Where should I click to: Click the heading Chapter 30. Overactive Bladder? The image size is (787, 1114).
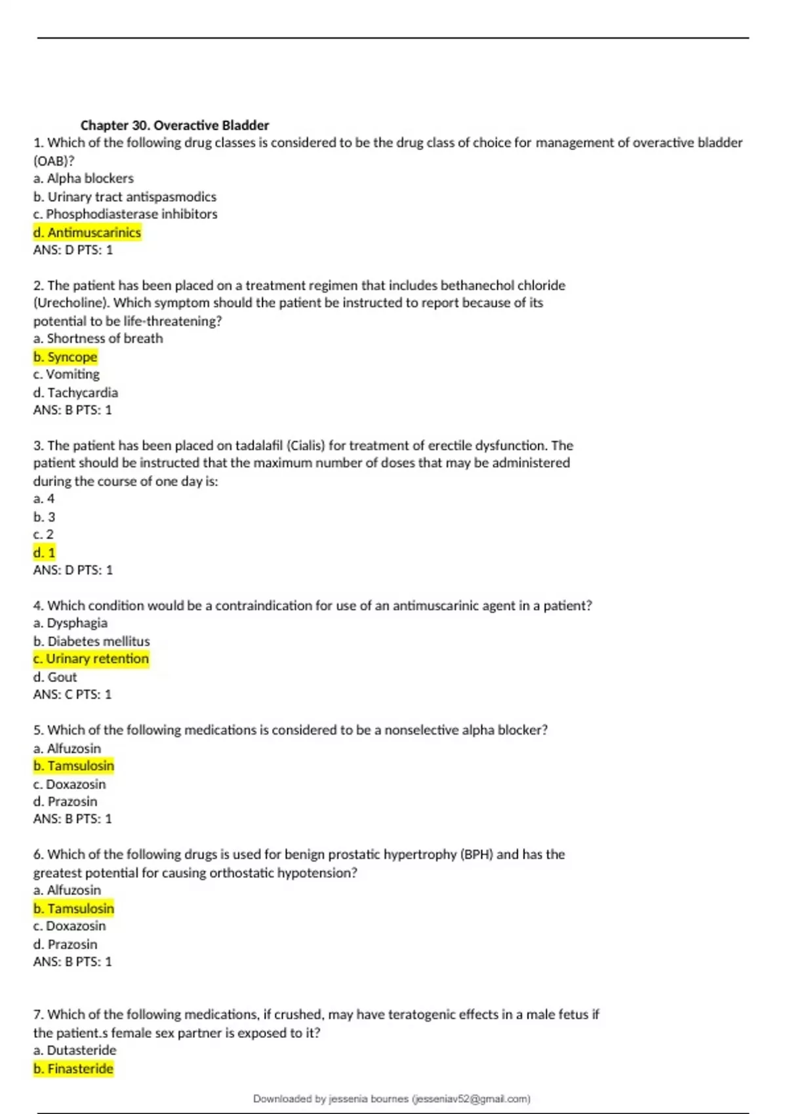[174, 125]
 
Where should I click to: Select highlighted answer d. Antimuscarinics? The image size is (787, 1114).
[87, 232]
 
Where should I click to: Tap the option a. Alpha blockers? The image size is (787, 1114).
[83, 178]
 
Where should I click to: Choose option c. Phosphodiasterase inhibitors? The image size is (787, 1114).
[125, 214]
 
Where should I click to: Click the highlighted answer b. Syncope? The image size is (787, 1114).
[66, 356]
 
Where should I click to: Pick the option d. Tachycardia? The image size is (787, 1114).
[75, 393]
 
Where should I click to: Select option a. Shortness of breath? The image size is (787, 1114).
[98, 338]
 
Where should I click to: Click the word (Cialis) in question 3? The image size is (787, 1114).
[306, 446]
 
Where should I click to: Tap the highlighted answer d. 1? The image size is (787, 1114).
[45, 552]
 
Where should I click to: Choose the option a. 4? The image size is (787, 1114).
[44, 499]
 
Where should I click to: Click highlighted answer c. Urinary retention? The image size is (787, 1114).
[91, 659]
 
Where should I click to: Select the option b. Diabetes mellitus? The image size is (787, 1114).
[92, 641]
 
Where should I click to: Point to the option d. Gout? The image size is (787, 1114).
[55, 677]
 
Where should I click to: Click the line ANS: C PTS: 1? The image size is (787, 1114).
[73, 695]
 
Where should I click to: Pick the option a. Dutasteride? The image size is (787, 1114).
[75, 1050]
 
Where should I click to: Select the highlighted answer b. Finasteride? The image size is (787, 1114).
[73, 1069]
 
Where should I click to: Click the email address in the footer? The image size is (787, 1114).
[471, 1099]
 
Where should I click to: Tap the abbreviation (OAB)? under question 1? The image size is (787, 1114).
[54, 161]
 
